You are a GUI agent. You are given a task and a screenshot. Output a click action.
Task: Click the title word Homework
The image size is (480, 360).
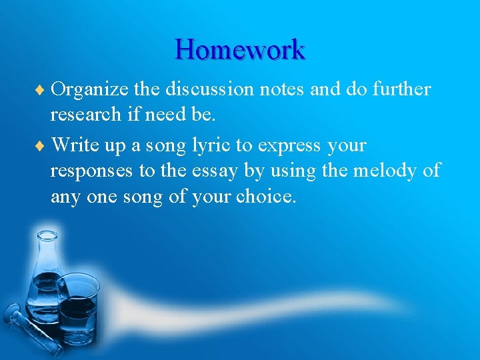tap(240, 49)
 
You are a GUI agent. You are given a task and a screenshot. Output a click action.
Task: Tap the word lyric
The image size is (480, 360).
tap(213, 145)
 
